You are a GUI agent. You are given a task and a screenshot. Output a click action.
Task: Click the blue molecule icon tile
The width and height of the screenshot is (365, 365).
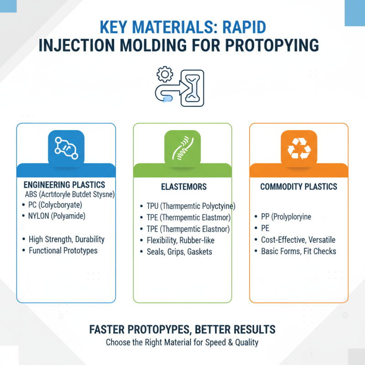click(66, 147)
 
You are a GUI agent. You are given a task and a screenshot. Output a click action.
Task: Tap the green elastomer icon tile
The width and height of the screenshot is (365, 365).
click(182, 147)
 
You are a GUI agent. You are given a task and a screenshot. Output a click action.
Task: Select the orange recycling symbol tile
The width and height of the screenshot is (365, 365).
click(298, 147)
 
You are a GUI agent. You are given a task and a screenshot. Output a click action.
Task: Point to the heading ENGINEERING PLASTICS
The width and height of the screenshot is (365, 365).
click(64, 185)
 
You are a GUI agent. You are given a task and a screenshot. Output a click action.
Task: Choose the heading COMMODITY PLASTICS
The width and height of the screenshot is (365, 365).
click(299, 187)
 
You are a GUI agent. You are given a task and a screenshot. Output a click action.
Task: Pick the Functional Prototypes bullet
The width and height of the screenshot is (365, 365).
click(63, 250)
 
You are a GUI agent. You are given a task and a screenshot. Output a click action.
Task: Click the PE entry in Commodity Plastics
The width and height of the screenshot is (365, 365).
click(266, 229)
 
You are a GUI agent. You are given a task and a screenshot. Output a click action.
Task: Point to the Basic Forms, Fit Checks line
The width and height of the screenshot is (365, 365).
click(298, 251)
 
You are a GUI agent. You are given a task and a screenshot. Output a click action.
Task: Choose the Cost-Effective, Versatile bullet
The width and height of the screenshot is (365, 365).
click(298, 240)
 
